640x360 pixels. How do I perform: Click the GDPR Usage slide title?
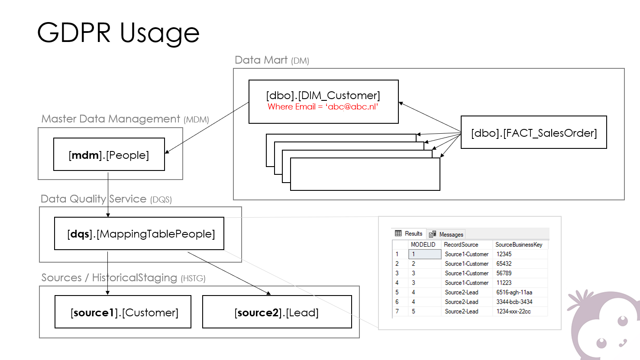tap(118, 33)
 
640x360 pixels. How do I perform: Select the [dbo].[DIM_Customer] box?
tap(323, 102)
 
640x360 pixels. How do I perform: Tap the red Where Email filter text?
tap(323, 107)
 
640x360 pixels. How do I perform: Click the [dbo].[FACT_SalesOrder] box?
tap(534, 132)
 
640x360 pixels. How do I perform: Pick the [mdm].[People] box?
tap(109, 154)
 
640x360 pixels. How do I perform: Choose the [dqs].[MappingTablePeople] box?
tap(139, 234)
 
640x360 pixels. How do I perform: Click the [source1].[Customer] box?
tap(123, 312)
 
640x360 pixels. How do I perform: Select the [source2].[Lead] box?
tap(277, 312)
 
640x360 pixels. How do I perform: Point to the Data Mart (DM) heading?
tap(272, 60)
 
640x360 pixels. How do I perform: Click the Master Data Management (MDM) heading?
tap(125, 119)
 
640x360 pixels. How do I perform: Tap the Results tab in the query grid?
tap(409, 234)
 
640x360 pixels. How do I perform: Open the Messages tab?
tap(446, 234)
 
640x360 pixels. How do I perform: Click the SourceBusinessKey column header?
tap(519, 244)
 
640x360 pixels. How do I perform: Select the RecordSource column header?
tap(461, 244)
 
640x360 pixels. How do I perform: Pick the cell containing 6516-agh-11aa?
tap(514, 292)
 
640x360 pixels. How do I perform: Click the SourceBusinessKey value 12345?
tap(504, 254)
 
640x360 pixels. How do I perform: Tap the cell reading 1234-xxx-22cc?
tap(514, 312)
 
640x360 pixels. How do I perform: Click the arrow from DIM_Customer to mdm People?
tap(207, 128)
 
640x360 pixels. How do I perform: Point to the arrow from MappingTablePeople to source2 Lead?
tap(229, 273)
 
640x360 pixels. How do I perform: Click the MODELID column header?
tap(423, 244)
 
